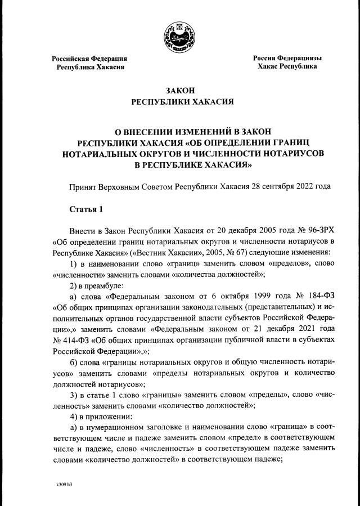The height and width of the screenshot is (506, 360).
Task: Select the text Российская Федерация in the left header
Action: click(x=89, y=58)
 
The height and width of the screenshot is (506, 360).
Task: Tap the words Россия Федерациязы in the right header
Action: click(x=287, y=57)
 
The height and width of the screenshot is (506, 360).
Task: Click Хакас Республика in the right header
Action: click(x=287, y=66)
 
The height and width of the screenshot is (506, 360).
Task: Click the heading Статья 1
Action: click(x=86, y=209)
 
